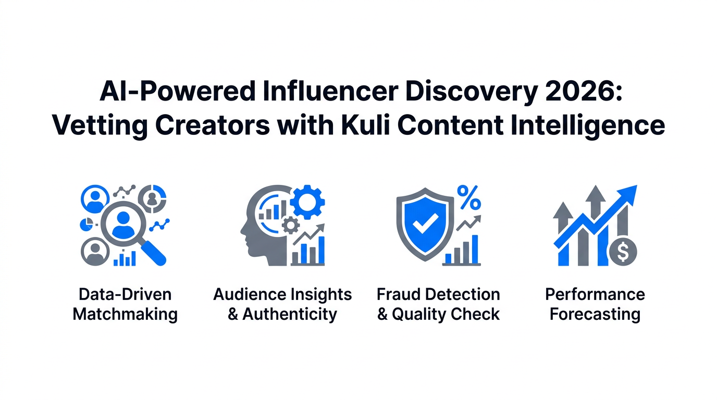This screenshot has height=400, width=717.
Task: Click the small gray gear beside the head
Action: pos(290,225)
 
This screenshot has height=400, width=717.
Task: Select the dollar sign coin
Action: pos(622,253)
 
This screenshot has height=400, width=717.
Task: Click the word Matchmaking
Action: pos(125,315)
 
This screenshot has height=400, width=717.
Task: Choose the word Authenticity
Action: pos(290,315)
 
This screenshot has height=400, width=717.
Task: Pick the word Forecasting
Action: pos(595,315)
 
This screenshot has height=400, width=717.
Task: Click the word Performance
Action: pos(595,295)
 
